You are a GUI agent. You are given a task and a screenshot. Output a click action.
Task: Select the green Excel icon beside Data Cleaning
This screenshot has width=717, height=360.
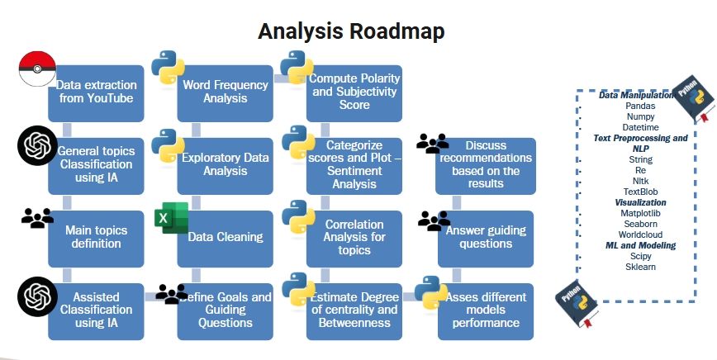[171, 219]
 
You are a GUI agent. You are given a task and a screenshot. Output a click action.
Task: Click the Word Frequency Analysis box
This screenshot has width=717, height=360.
[226, 92]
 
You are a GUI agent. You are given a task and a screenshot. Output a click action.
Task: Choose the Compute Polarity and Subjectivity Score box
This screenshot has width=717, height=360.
[354, 92]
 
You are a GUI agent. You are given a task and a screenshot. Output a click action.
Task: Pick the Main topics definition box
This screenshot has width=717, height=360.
[96, 238]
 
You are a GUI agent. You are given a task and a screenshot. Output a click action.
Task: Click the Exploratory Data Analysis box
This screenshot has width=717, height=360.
[226, 165]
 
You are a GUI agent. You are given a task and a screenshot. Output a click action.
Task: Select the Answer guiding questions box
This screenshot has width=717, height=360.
[486, 238]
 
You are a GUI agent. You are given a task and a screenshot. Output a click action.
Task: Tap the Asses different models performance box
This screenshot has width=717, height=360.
[486, 310]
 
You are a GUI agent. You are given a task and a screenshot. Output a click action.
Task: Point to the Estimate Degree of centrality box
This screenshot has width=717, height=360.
[354, 310]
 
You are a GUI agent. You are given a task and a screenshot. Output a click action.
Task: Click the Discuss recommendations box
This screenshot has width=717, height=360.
[486, 165]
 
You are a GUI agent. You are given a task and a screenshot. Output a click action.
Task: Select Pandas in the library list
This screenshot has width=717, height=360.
[641, 107]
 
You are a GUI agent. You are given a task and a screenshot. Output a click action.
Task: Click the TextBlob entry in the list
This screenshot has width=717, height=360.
[641, 192]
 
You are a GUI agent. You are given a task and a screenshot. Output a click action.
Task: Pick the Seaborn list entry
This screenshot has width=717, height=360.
[641, 224]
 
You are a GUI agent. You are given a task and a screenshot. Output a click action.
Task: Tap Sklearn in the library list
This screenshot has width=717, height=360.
[641, 267]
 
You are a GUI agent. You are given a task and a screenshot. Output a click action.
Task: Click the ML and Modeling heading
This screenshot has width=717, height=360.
[641, 245]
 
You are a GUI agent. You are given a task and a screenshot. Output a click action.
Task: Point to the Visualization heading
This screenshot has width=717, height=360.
[641, 202]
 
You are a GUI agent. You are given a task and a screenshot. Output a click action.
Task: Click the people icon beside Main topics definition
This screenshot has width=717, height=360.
[37, 218]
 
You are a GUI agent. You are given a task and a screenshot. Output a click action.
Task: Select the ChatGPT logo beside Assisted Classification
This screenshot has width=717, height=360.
[37, 293]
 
